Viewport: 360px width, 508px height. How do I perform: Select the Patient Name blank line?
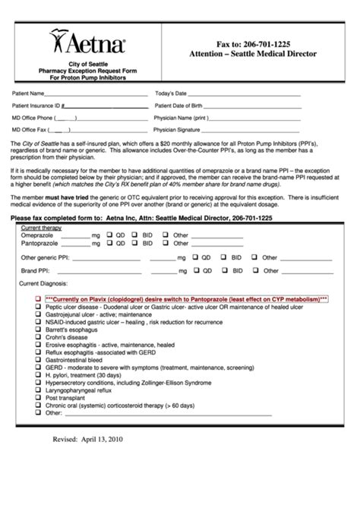(90, 95)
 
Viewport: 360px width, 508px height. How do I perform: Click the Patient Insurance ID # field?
(106, 107)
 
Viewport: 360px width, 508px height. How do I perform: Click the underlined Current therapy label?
(41, 228)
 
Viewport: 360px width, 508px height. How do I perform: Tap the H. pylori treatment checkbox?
(39, 375)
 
